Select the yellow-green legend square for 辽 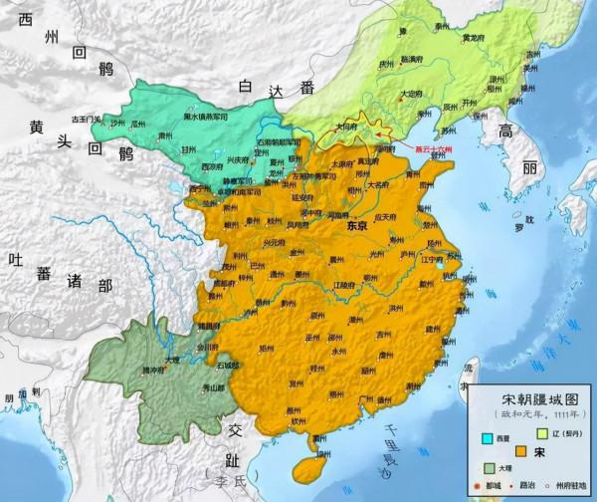[x=540, y=432]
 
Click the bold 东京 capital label [x=356, y=226]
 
